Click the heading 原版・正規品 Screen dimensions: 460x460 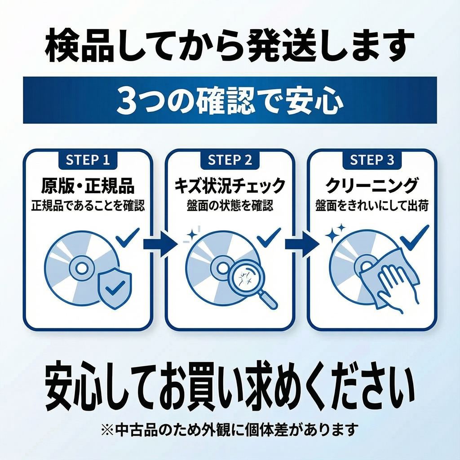coord(88,186)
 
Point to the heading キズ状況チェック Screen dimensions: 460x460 coord(230,186)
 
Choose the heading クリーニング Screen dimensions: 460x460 coord(372,186)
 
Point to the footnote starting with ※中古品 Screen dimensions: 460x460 coord(230,430)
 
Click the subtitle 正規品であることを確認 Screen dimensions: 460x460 coord(88,206)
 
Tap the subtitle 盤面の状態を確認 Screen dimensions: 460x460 coord(230,206)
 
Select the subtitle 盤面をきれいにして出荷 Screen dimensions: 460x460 coord(372,206)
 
